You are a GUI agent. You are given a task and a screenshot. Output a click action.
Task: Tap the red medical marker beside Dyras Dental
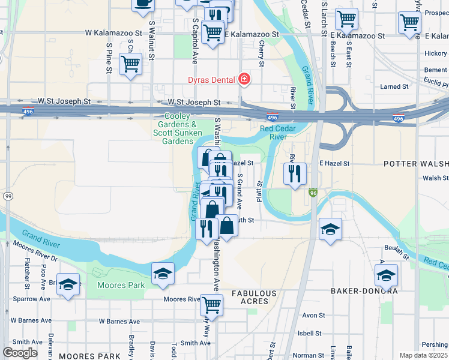click(244, 79)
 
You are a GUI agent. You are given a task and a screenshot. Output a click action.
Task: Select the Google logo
click(20, 353)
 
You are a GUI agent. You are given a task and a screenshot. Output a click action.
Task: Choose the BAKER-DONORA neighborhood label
click(364, 291)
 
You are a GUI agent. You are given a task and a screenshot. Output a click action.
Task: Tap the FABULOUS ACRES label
click(255, 297)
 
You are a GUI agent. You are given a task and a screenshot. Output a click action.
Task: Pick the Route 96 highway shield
click(313, 193)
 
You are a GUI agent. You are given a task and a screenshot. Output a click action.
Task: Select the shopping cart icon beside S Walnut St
click(131, 64)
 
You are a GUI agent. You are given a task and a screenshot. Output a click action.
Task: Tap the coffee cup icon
click(143, 4)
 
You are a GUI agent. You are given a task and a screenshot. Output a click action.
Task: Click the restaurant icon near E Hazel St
click(295, 174)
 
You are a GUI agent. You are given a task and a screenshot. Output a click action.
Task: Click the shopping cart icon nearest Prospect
click(409, 23)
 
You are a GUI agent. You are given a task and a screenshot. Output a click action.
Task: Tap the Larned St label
click(394, 86)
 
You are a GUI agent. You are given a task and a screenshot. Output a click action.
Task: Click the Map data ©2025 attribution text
click(424, 355)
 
